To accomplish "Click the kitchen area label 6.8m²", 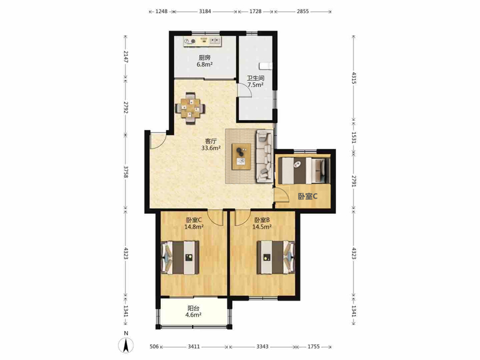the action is tap(205, 65).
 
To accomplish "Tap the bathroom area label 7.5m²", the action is tap(256, 85).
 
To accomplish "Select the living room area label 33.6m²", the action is tap(211, 148).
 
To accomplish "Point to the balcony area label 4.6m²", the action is tap(193, 315).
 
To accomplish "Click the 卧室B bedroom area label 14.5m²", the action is tap(262, 227).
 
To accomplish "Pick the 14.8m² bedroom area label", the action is tap(194, 227).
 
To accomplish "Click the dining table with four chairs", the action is tap(190, 109).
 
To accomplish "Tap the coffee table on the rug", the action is tap(241, 157).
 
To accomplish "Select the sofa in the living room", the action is tap(264, 156).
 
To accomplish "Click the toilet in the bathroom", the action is tap(265, 65).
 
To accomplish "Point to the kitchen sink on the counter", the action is tap(215, 40).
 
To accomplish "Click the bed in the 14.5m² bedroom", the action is tap(276, 257).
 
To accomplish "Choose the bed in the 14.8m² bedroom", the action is tap(180, 257).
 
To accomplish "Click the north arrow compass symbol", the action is tap(126, 346).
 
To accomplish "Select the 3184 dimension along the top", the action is tap(205, 11).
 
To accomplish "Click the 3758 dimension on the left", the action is tap(126, 172).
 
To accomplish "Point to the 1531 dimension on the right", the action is tap(354, 137).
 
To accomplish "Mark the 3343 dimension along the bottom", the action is tap(262, 347).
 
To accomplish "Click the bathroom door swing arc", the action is tap(247, 89).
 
